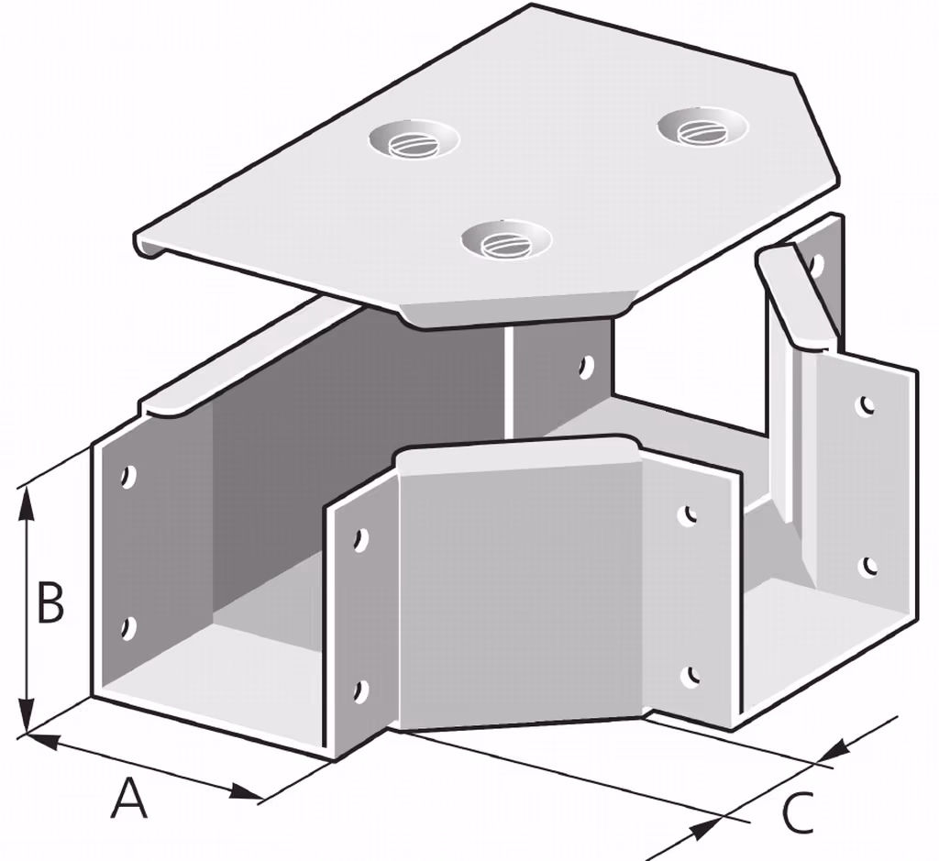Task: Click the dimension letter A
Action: pyautogui.click(x=128, y=797)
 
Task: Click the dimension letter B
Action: pyautogui.click(x=50, y=602)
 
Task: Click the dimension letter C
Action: pyautogui.click(x=799, y=813)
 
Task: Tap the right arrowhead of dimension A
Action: pyautogui.click(x=246, y=792)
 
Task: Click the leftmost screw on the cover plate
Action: pyautogui.click(x=414, y=142)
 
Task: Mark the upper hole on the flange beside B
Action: pyautogui.click(x=127, y=477)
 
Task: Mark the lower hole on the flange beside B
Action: pyautogui.click(x=127, y=628)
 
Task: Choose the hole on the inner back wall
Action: pyautogui.click(x=586, y=366)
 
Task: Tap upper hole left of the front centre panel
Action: pyautogui.click(x=360, y=539)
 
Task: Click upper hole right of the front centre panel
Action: pyautogui.click(x=689, y=515)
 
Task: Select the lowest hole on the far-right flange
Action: pyautogui.click(x=868, y=567)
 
